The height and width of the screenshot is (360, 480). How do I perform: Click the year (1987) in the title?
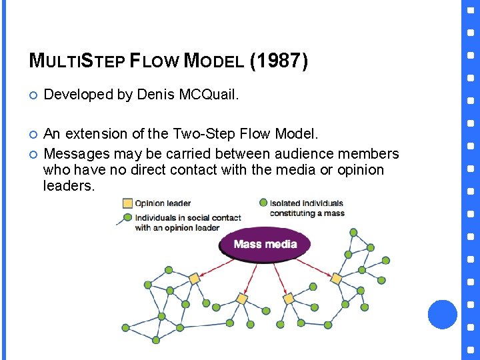coord(279,61)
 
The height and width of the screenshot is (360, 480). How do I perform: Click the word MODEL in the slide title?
coord(213,62)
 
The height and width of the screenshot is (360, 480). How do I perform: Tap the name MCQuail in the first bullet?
coord(208,95)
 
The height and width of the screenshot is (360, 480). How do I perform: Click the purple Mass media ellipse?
coord(265,244)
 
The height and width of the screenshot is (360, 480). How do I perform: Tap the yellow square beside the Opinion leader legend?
coord(127,203)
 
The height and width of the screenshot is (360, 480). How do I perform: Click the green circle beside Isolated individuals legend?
coord(263,202)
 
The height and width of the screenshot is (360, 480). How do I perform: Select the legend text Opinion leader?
coord(163,203)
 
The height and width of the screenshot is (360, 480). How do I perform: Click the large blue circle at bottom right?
coord(442,314)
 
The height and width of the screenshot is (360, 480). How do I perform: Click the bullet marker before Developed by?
coord(33,95)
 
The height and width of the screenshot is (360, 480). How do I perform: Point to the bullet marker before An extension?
coord(33,135)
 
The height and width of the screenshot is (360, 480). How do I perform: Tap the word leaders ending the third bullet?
coord(69,186)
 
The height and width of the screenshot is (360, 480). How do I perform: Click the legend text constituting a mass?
coord(307,213)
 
